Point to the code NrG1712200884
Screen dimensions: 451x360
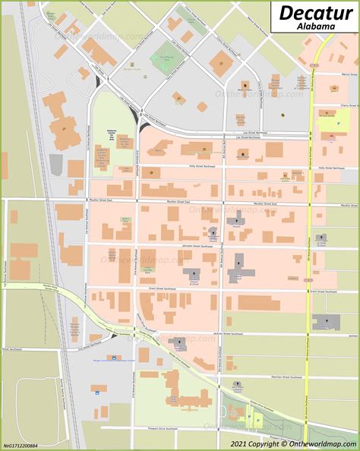point(21,444)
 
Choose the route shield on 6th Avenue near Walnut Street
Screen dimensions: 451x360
point(312,66)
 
